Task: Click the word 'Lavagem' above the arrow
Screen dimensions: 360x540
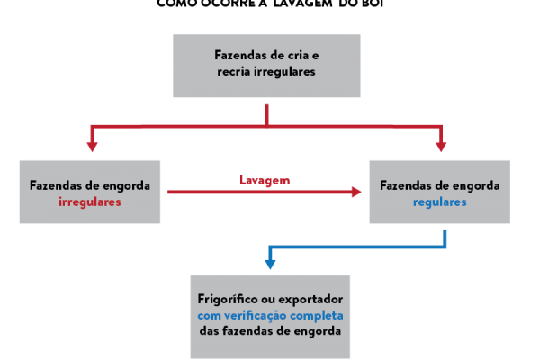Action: click(x=265, y=180)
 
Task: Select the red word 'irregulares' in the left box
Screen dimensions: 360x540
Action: click(x=89, y=202)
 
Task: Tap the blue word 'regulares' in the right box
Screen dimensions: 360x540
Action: click(x=439, y=202)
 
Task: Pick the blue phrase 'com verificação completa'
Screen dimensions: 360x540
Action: click(x=270, y=315)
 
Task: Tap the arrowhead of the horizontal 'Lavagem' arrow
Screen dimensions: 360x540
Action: click(x=355, y=192)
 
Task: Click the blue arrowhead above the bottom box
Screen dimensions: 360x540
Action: click(x=269, y=264)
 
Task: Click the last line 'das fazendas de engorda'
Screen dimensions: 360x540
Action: click(x=270, y=331)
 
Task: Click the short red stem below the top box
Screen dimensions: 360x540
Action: click(x=266, y=114)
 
